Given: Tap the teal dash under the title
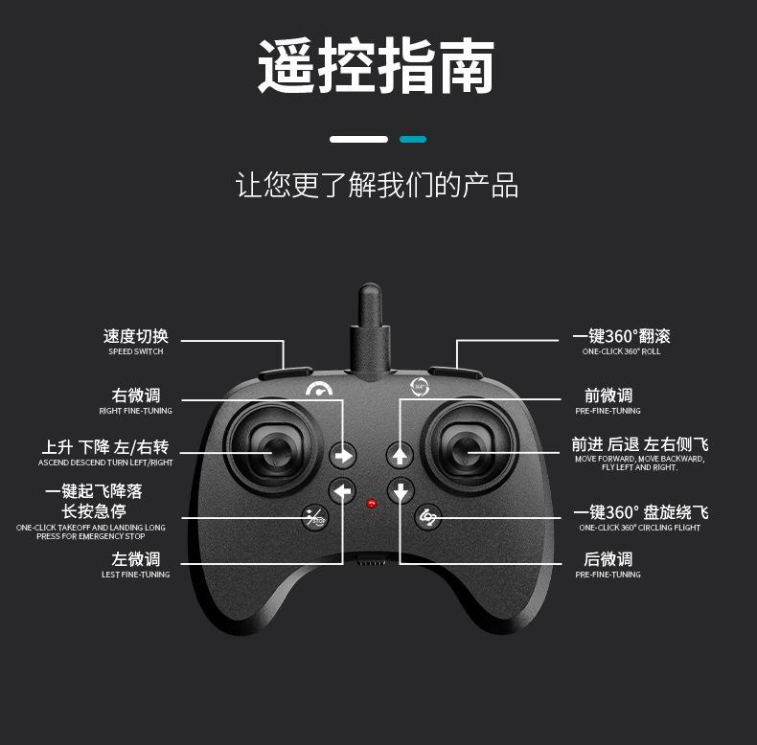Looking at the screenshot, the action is pyautogui.click(x=413, y=140).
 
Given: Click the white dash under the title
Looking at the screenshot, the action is pyautogui.click(x=358, y=140).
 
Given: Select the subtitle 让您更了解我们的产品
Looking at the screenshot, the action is pyautogui.click(x=378, y=185).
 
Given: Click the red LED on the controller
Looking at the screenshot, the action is pyautogui.click(x=371, y=502).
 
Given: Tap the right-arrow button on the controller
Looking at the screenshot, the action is pyautogui.click(x=342, y=455).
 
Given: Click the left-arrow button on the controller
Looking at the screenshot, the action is pyautogui.click(x=342, y=491).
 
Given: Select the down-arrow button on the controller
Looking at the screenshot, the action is pyautogui.click(x=400, y=491).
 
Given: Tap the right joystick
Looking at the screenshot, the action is pyautogui.click(x=467, y=449).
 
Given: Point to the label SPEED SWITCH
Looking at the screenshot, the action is pyautogui.click(x=135, y=351).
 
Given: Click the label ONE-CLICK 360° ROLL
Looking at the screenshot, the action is pyautogui.click(x=621, y=351).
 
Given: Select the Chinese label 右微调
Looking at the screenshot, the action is pyautogui.click(x=136, y=395).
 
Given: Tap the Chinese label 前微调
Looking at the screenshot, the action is pyautogui.click(x=608, y=395).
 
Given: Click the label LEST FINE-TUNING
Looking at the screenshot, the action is pyautogui.click(x=135, y=575).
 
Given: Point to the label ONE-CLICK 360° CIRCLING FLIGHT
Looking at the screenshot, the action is pyautogui.click(x=639, y=528).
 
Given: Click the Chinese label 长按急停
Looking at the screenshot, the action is pyautogui.click(x=94, y=511).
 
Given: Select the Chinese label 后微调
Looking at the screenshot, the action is pyautogui.click(x=608, y=559).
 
